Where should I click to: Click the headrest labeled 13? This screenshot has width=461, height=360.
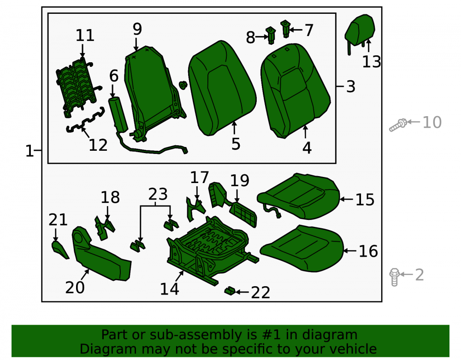[360, 31]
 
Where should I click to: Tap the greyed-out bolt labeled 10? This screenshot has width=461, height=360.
[398, 125]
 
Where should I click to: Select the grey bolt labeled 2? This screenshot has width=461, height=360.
[394, 277]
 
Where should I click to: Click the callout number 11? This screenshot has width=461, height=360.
[85, 35]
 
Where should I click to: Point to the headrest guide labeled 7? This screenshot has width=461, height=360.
[285, 29]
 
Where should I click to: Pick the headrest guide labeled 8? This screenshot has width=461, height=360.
[271, 35]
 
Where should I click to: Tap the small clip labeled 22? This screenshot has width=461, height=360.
[230, 291]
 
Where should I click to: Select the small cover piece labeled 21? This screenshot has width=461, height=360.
[60, 250]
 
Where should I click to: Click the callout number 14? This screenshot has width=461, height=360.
[170, 289]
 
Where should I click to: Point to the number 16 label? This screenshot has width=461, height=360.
[368, 251]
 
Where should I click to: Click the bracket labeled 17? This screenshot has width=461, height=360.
[195, 209]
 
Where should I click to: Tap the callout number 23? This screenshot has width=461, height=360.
[158, 194]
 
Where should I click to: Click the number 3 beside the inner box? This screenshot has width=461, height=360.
[351, 87]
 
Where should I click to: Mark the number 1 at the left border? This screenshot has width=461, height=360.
[30, 151]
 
